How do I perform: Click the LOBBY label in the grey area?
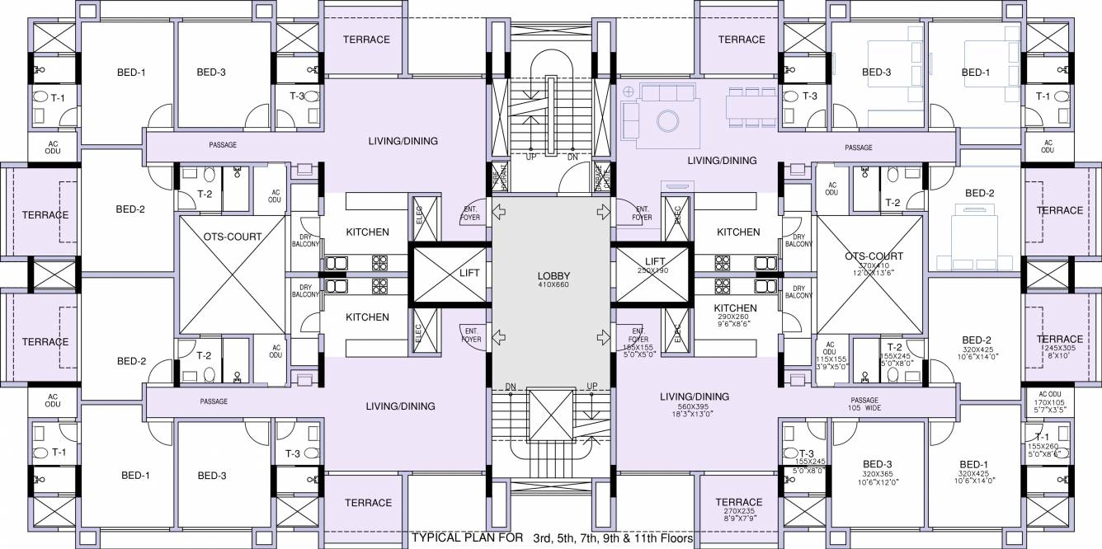pyautogui.click(x=553, y=275)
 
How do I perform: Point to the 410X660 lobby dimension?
pyautogui.click(x=553, y=284)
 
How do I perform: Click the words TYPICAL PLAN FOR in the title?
pyautogui.click(x=467, y=538)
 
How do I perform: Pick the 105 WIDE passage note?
pyautogui.click(x=859, y=408)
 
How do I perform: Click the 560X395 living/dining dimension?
pyautogui.click(x=695, y=407)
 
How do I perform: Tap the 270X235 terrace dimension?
pyautogui.click(x=738, y=511)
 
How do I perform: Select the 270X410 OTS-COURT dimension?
pyautogui.click(x=874, y=265)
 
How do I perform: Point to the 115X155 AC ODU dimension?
pyautogui.click(x=830, y=360)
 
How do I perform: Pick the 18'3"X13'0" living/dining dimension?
pyautogui.click(x=695, y=416)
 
